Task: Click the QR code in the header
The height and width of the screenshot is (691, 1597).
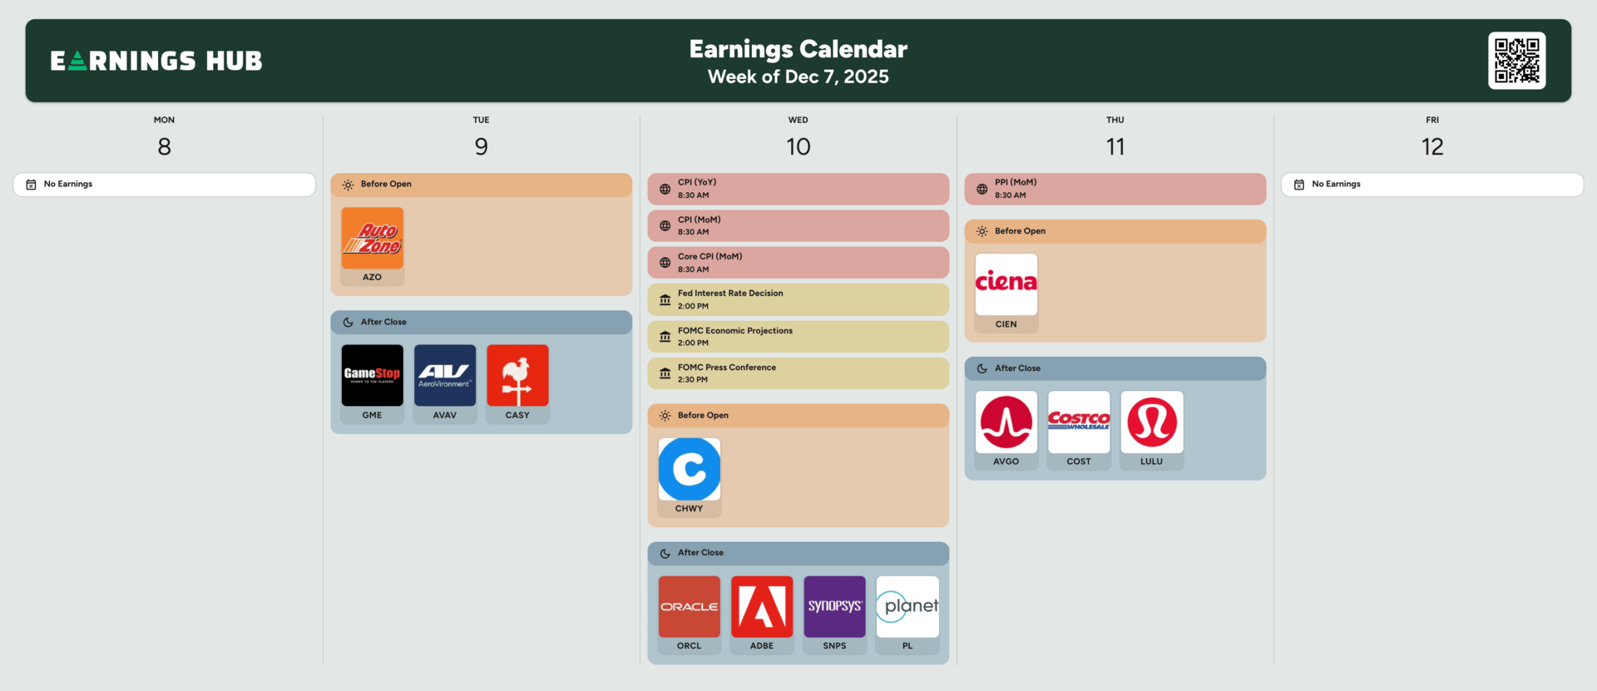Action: [x=1516, y=61]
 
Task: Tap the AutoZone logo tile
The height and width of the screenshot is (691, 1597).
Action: [x=372, y=238]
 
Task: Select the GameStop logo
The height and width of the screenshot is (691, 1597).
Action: [x=372, y=375]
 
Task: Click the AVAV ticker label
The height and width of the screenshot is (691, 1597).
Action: [x=445, y=415]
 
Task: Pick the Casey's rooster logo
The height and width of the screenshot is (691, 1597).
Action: [x=517, y=375]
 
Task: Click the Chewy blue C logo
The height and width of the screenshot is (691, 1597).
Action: [x=690, y=469]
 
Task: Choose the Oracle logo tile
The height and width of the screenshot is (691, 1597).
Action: [x=690, y=607]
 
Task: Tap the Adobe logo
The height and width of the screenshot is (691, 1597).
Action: [x=762, y=607]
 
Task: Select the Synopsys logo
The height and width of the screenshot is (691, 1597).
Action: [x=834, y=607]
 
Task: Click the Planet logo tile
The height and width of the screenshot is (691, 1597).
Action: [x=907, y=607]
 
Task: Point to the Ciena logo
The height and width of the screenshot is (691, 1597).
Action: [x=1006, y=284]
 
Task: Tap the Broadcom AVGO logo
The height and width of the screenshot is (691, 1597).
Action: [x=1006, y=422]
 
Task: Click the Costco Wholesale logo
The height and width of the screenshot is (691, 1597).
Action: [x=1079, y=422]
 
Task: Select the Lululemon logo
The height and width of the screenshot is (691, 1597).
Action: [x=1152, y=422]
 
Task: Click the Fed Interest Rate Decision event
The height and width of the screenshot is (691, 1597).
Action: [x=798, y=299]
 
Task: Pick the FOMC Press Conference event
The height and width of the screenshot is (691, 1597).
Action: [x=798, y=373]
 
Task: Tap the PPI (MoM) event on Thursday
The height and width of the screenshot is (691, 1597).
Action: [x=1115, y=189]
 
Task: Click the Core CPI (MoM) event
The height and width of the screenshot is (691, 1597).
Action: [x=798, y=263]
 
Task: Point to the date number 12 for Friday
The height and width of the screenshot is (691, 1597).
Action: [x=1432, y=147]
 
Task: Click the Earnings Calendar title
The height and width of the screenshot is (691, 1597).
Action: [x=798, y=49]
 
